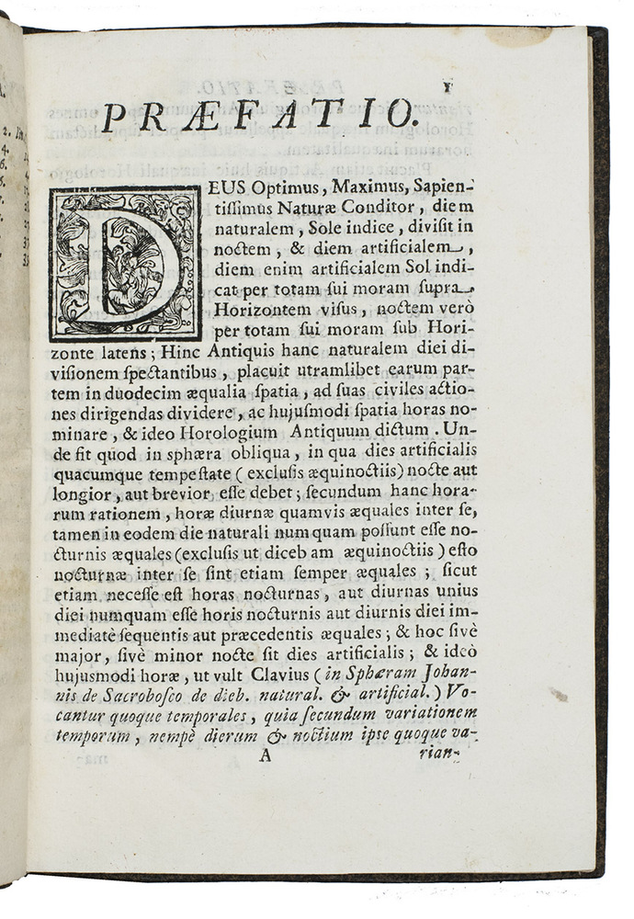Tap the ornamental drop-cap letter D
125,264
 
